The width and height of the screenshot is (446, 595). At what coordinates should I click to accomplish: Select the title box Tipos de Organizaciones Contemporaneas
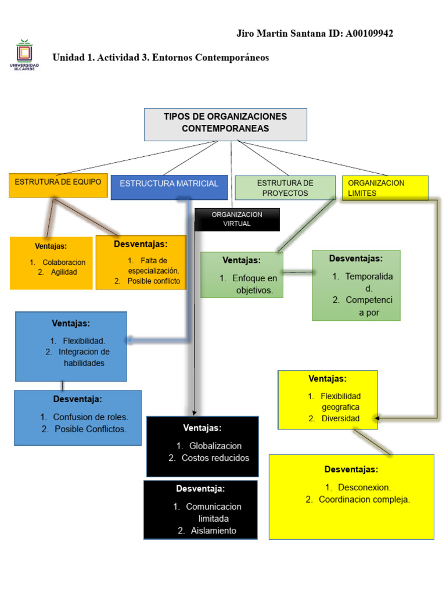point(225,123)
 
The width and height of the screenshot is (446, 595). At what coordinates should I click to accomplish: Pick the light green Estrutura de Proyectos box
point(285,188)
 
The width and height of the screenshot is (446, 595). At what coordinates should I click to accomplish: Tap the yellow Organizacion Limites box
point(384,188)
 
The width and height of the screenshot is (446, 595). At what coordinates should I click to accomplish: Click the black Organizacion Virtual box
point(237,219)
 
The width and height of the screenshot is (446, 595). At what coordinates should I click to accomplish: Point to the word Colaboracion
point(64,262)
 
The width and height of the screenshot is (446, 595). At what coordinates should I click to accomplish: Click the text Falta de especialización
point(153,266)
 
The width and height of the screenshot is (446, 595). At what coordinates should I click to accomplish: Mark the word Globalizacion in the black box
point(215,446)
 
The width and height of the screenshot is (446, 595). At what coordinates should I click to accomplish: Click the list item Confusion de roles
point(91,417)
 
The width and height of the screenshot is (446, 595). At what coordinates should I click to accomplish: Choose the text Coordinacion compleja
point(364,499)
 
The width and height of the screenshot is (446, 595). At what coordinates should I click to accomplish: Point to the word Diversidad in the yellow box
point(341,418)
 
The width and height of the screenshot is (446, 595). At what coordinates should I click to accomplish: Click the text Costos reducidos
point(215,458)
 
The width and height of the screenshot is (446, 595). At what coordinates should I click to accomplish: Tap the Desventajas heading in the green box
point(355,258)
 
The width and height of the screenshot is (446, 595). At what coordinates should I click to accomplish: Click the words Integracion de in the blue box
point(84,352)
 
